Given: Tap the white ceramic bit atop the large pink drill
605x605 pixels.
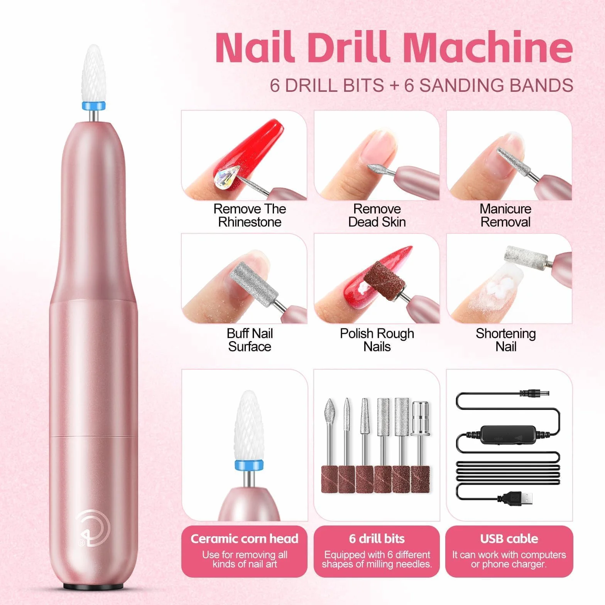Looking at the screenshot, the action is click(x=93, y=73).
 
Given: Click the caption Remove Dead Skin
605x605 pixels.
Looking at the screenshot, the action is click(x=377, y=215).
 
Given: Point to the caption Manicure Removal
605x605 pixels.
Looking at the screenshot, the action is click(x=505, y=215).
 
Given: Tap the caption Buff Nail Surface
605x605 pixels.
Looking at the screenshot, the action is click(x=250, y=340).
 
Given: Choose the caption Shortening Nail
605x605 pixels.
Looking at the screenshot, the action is click(x=505, y=340).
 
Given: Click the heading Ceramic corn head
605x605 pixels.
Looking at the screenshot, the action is click(x=245, y=539).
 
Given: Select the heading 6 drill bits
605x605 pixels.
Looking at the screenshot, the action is click(x=377, y=539).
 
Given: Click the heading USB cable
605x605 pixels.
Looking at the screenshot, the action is click(x=509, y=539).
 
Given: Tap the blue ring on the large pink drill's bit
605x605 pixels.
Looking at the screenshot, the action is click(x=93, y=106).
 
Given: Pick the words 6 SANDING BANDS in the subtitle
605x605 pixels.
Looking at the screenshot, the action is click(x=488, y=85).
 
